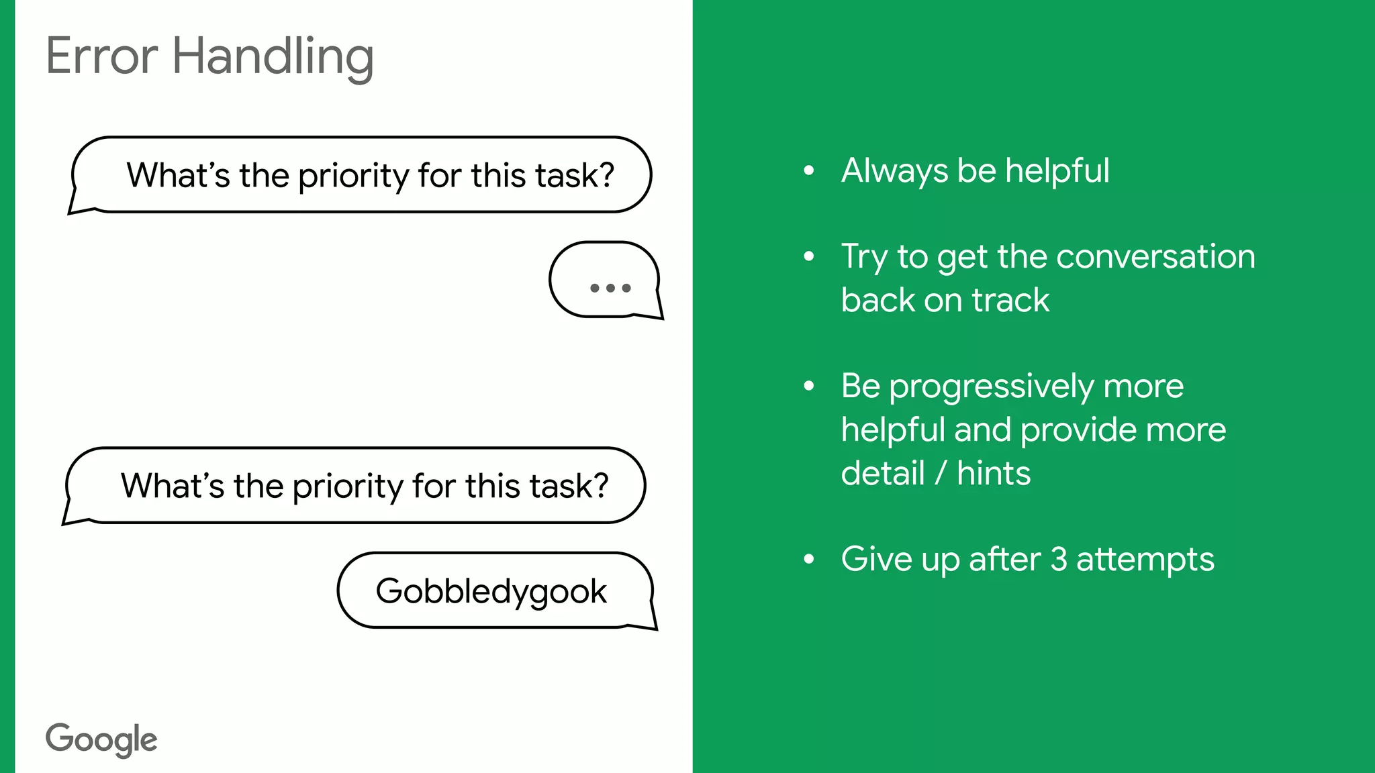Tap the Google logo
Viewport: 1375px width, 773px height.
(101, 739)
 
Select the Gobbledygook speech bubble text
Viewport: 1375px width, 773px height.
(491, 592)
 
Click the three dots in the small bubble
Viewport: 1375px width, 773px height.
(610, 288)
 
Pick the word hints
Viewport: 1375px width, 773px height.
(994, 473)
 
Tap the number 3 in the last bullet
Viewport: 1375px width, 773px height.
(1058, 560)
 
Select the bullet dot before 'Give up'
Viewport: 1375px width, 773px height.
(809, 558)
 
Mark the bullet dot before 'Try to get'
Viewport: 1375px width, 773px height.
(809, 256)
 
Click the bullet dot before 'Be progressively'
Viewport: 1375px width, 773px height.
(809, 386)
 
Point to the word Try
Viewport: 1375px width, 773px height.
(864, 258)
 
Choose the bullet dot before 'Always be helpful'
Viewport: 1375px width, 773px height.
(809, 170)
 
